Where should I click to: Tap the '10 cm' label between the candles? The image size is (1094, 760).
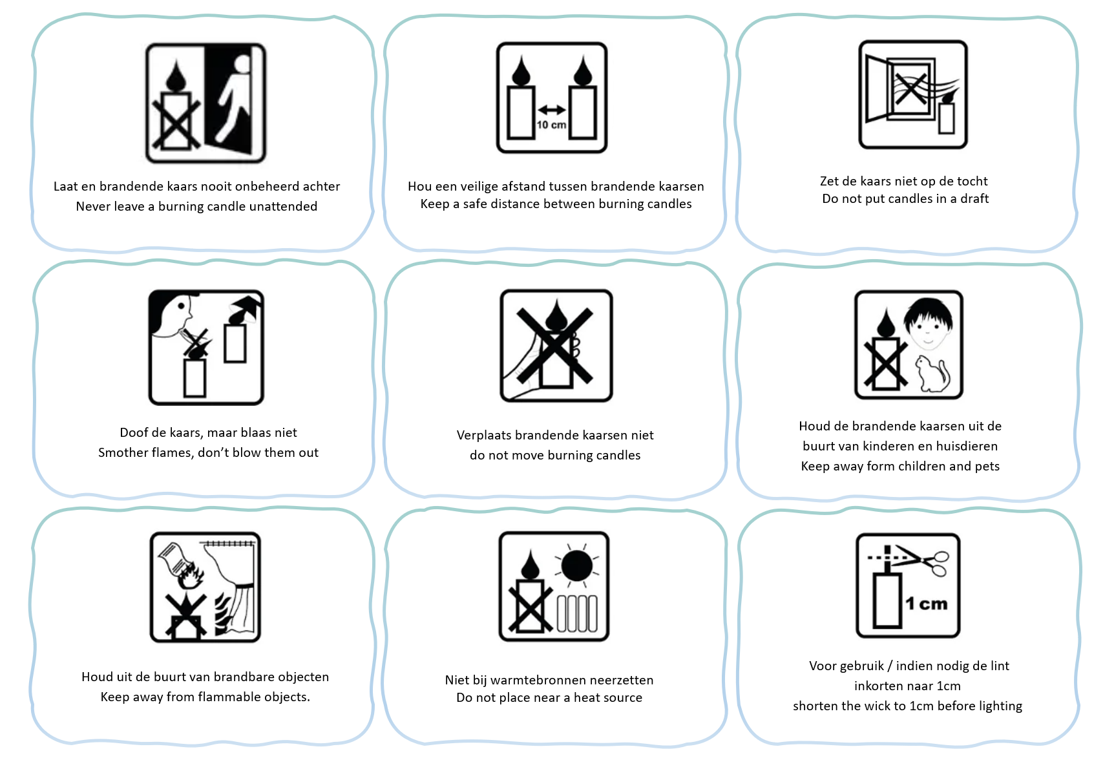pyautogui.click(x=551, y=125)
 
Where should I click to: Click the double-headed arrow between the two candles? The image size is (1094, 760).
pyautogui.click(x=551, y=110)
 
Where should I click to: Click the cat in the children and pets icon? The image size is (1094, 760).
pyautogui.click(x=932, y=374)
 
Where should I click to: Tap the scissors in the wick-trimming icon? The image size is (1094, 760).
pyautogui.click(x=924, y=561)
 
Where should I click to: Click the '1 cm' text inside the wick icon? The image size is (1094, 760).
pyautogui.click(x=926, y=604)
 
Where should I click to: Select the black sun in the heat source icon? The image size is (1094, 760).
pyautogui.click(x=576, y=566)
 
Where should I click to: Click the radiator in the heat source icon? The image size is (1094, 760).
pyautogui.click(x=577, y=613)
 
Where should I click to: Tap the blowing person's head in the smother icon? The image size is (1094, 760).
pyautogui.click(x=171, y=313)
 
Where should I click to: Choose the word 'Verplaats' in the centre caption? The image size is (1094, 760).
pyautogui.click(x=483, y=436)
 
